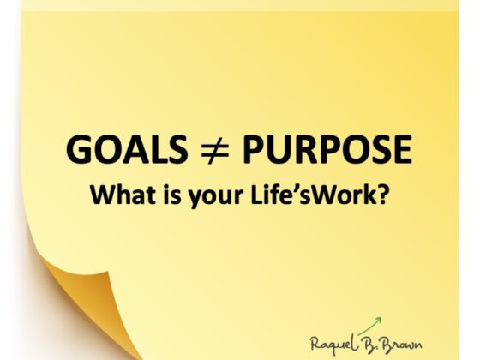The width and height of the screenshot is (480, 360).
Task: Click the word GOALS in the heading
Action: [127, 149]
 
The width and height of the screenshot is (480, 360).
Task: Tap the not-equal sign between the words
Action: [215, 149]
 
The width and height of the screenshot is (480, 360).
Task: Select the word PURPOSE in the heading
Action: [327, 149]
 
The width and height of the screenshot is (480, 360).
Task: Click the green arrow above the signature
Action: [369, 327]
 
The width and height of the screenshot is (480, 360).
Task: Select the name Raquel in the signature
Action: [333, 343]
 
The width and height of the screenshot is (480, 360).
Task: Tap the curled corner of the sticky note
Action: [82, 294]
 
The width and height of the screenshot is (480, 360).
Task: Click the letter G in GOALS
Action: [79, 149]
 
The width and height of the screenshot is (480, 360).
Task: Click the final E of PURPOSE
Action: [402, 149]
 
